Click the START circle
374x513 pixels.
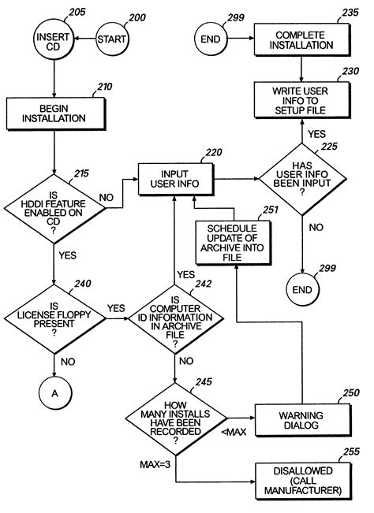pyautogui.click(x=112, y=37)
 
